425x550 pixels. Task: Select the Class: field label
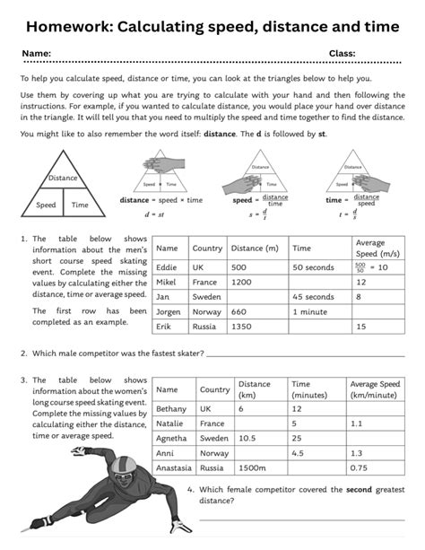(342, 54)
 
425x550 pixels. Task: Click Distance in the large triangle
(63, 178)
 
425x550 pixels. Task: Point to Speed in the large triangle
(46, 205)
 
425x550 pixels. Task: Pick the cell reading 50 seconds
(313, 267)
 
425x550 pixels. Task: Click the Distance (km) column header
(255, 389)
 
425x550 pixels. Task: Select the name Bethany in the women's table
(172, 408)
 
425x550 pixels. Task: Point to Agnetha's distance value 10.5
(248, 438)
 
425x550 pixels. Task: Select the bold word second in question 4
(334, 489)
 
